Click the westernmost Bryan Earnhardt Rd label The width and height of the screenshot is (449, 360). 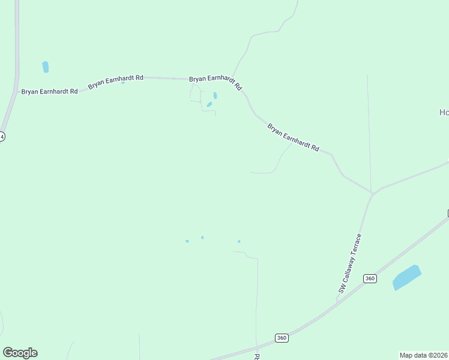[49, 91]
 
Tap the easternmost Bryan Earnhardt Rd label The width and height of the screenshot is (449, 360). [293, 137]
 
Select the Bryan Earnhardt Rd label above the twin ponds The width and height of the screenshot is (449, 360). [215, 82]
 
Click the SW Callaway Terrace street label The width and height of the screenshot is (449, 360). [350, 263]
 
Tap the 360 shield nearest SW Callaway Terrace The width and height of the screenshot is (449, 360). [370, 278]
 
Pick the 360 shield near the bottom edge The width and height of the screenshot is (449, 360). [282, 338]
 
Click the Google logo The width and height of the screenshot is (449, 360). [20, 353]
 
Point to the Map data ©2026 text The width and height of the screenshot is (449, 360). [423, 355]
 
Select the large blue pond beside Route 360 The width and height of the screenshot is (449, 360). [407, 277]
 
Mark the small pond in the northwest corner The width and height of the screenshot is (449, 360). [46, 67]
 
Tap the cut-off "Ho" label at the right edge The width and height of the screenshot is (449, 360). [444, 112]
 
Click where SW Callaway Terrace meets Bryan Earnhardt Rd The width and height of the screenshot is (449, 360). [373, 193]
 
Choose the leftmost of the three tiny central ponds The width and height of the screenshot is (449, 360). [187, 241]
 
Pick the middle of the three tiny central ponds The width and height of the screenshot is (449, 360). [202, 238]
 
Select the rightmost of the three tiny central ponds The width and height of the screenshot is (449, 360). [239, 242]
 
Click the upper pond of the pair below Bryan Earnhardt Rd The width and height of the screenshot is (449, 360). [215, 95]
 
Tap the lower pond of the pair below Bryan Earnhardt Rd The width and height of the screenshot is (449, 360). [209, 104]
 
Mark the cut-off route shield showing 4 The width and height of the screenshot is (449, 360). [2, 137]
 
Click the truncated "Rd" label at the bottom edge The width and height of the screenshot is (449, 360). [257, 356]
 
